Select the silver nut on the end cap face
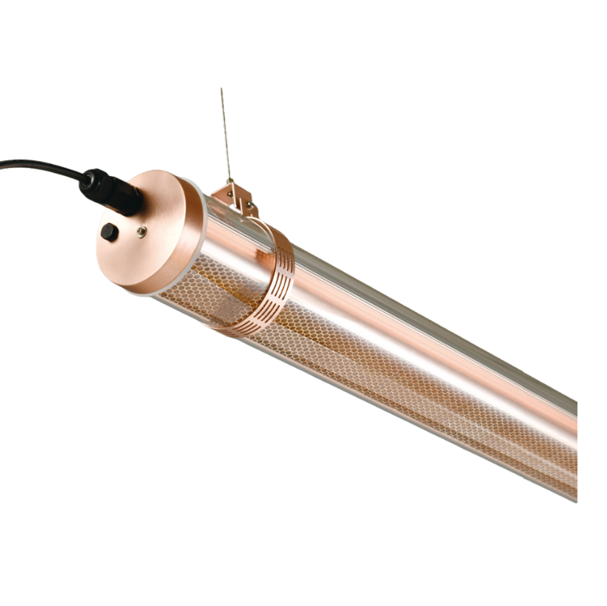click(141, 232)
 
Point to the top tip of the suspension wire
click(221, 89)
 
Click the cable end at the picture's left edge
click(2, 164)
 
